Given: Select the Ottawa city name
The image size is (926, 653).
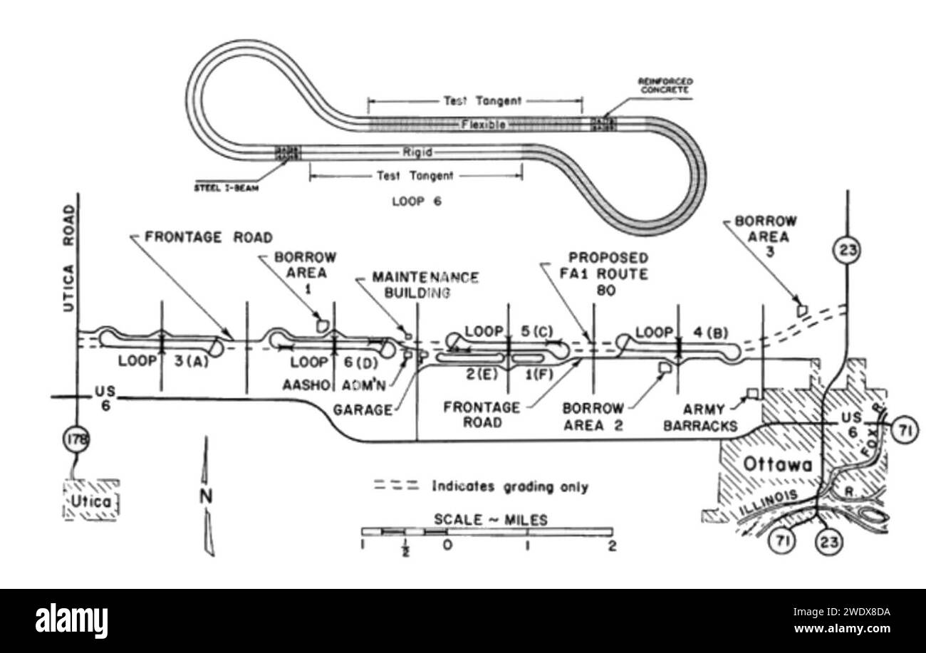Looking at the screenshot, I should [x=777, y=465].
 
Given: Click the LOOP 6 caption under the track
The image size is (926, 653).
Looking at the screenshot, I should [x=417, y=202].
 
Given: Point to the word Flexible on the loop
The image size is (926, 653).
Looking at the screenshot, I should [x=483, y=125].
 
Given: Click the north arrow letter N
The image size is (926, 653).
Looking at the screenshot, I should [x=206, y=497].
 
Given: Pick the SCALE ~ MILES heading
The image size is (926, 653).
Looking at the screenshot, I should [x=490, y=520].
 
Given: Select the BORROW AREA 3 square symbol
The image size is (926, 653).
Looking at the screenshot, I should [x=802, y=310].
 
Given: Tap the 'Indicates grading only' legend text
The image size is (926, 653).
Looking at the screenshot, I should [x=510, y=487].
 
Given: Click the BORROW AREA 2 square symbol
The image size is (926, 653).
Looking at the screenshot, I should [x=666, y=367].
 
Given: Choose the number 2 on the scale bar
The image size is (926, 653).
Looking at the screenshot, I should [x=612, y=546].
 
